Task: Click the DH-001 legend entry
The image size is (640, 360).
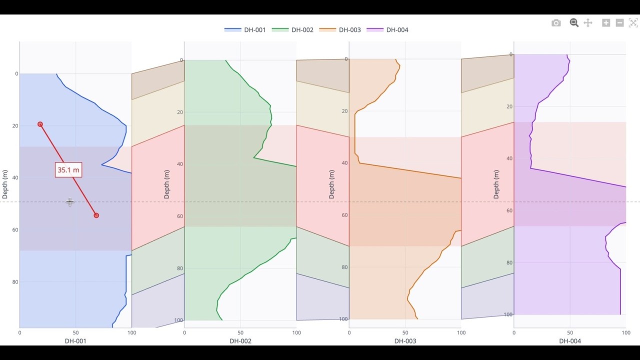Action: tap(245, 30)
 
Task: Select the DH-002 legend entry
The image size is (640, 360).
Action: tap(293, 30)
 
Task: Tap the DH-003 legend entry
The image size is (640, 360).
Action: tap(340, 30)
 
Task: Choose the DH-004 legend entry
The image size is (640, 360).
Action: tap(388, 30)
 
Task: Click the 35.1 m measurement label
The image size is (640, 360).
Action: tap(68, 170)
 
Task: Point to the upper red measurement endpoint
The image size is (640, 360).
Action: tap(40, 124)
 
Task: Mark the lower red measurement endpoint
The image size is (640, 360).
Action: tap(96, 215)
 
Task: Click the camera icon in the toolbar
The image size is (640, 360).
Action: tap(556, 23)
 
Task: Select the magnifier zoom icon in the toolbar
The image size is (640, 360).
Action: tap(574, 23)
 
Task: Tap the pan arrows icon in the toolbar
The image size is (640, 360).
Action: tap(588, 23)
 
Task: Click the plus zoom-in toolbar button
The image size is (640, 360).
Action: tap(606, 23)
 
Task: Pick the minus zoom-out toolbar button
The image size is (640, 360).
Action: tap(619, 23)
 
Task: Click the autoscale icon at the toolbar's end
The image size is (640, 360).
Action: tap(633, 23)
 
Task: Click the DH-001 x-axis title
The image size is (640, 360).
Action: tap(75, 341)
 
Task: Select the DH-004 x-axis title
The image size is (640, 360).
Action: tap(569, 341)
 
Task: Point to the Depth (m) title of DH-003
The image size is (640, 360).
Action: tap(331, 184)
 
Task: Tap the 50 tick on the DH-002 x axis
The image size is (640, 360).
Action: tap(240, 332)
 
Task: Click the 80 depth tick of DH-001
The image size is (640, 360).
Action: tap(15, 282)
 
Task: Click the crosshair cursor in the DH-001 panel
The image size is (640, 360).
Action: tap(70, 202)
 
